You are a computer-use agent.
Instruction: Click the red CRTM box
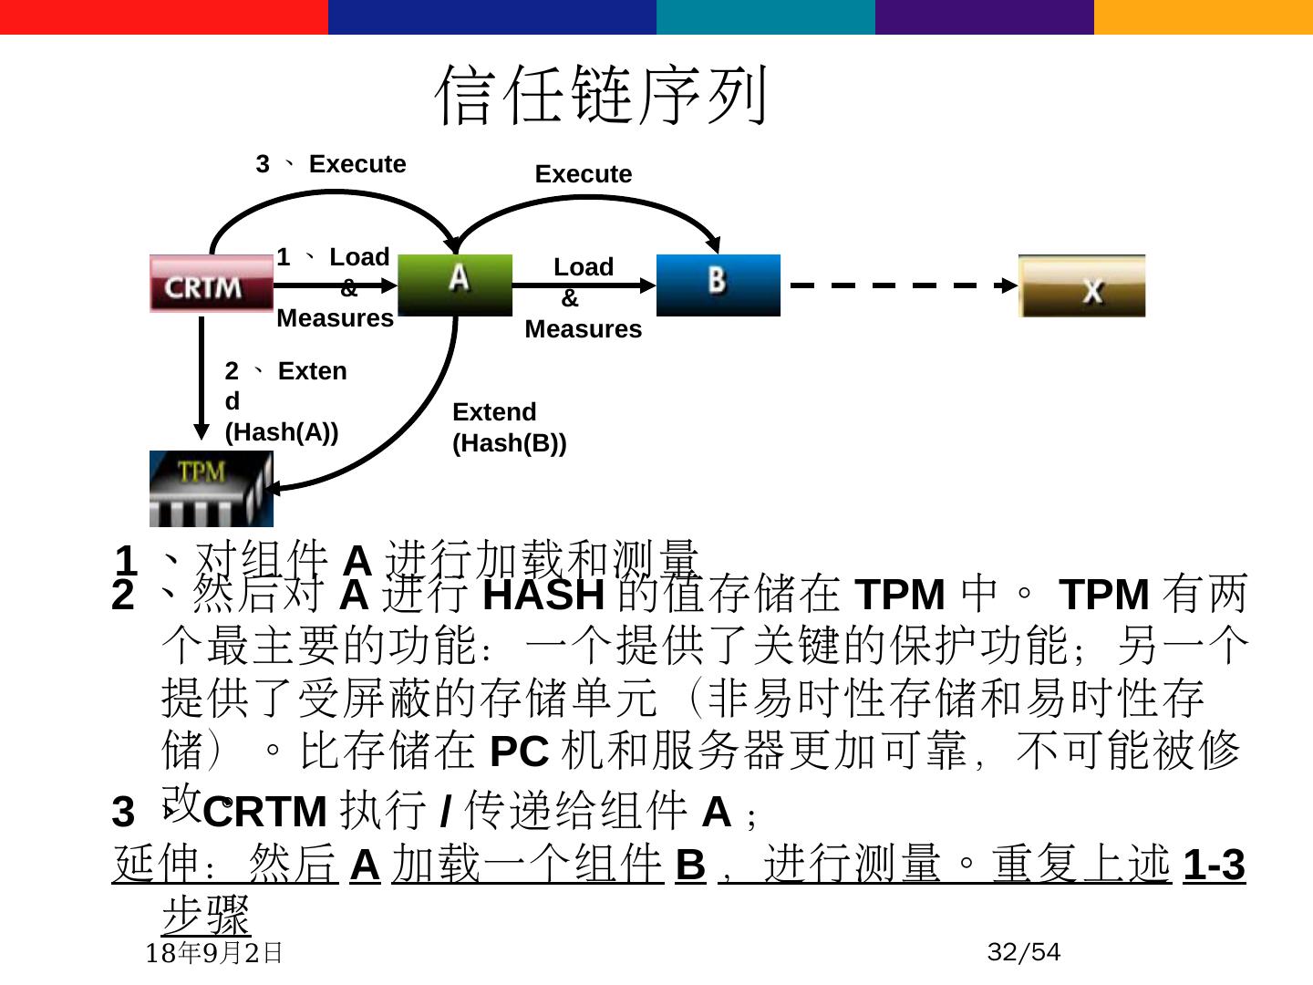point(212,284)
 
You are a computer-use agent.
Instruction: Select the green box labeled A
point(455,285)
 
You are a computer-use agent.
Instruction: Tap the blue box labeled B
point(719,285)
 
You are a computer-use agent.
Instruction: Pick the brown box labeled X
point(1081,286)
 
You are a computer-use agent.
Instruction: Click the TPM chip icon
point(211,489)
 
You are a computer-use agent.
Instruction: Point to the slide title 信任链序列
point(602,95)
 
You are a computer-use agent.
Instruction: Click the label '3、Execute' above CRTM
point(331,164)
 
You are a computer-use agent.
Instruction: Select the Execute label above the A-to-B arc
point(583,174)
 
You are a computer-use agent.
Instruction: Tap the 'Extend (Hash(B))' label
point(509,427)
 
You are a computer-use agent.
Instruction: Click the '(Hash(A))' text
point(282,432)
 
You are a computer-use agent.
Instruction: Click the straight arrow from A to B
point(584,285)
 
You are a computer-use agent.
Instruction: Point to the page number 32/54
point(1023,952)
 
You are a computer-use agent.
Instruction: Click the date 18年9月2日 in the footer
point(215,953)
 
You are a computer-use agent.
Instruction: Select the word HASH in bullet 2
point(543,596)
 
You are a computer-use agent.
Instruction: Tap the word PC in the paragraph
point(519,752)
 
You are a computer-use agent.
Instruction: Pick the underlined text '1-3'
point(1214,865)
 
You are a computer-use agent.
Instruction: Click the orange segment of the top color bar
point(1204,16)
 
